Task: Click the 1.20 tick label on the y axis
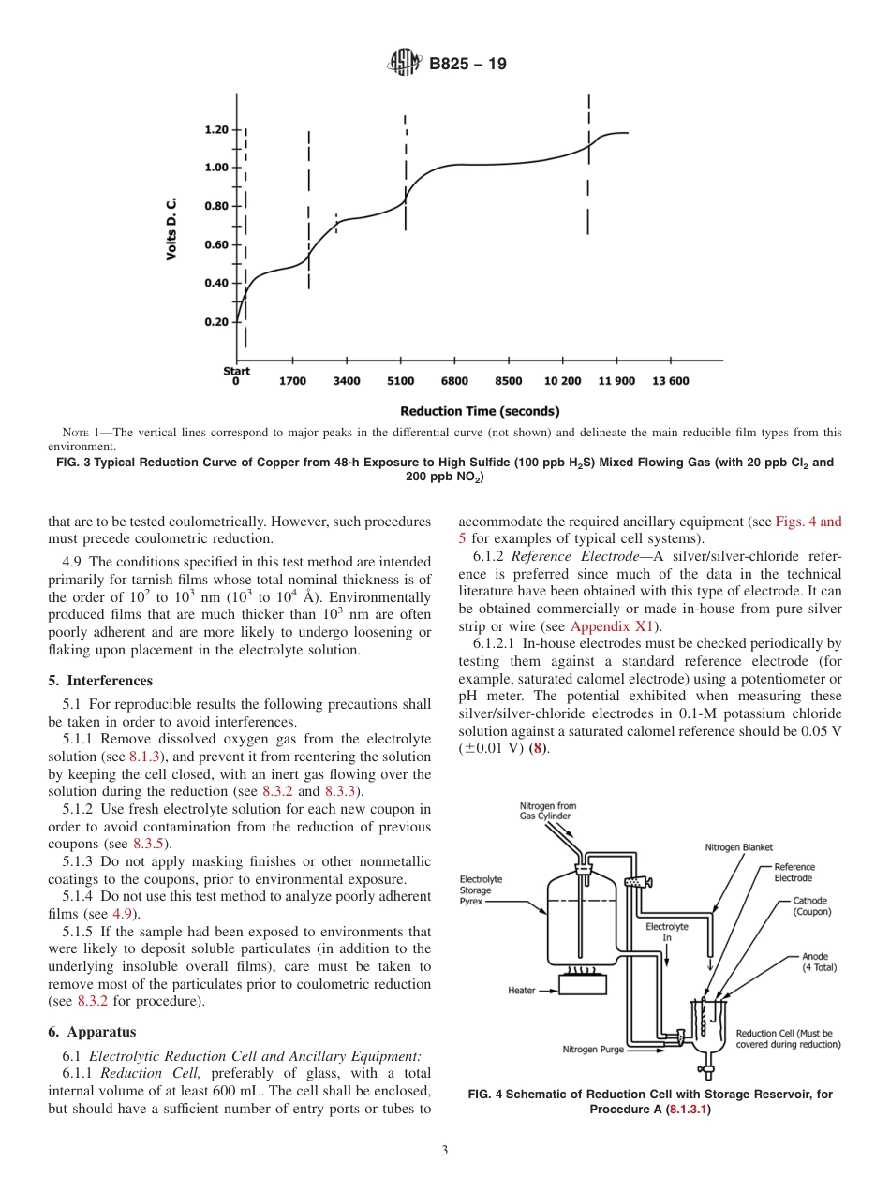(x=215, y=129)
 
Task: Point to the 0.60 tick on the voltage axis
(x=215, y=244)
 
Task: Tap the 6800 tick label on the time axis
(x=454, y=381)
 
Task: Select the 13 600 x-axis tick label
(x=670, y=381)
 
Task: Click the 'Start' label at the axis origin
(x=236, y=371)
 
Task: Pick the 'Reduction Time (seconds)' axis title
(x=480, y=410)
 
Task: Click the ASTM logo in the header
(x=404, y=64)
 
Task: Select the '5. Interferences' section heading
(x=100, y=681)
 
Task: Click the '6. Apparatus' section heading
(x=92, y=1032)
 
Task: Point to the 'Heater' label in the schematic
(x=522, y=990)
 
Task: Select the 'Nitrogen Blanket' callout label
(x=738, y=847)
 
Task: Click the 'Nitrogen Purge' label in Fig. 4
(x=593, y=1050)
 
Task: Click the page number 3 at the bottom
(x=445, y=1151)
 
